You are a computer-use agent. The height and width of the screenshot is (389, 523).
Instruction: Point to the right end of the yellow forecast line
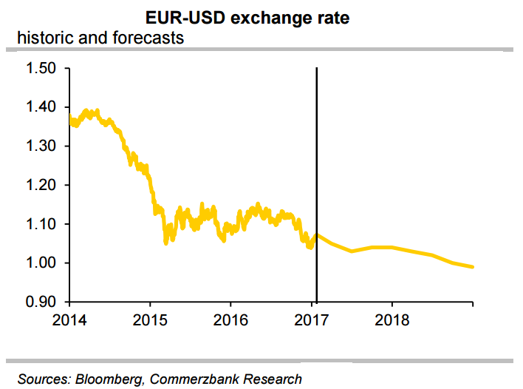(472, 267)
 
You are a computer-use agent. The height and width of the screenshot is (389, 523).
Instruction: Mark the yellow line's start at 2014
(69, 118)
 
